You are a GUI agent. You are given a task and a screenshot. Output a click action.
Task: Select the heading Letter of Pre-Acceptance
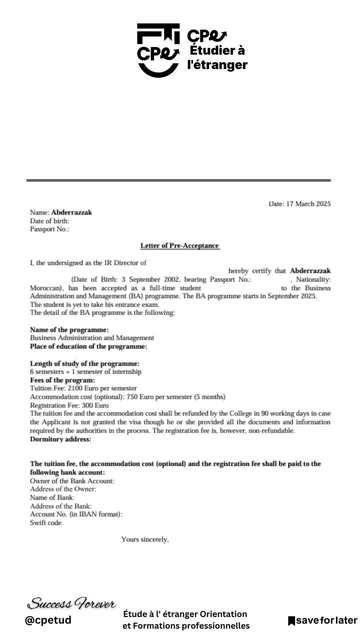pyautogui.click(x=179, y=245)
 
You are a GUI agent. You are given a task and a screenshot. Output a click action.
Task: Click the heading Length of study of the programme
pyautogui.click(x=84, y=363)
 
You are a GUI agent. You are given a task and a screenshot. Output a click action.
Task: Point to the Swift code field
pyautogui.click(x=47, y=522)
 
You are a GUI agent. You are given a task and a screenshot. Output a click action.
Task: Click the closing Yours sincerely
pyautogui.click(x=145, y=540)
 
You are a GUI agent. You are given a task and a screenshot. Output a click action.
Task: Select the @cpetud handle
pyautogui.click(x=47, y=620)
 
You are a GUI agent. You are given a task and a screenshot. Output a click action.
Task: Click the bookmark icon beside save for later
pyautogui.click(x=291, y=621)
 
